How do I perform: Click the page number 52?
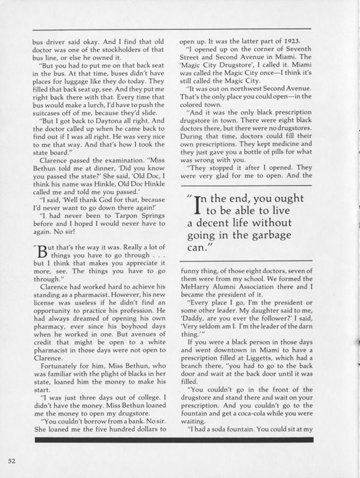[x=11, y=461]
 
